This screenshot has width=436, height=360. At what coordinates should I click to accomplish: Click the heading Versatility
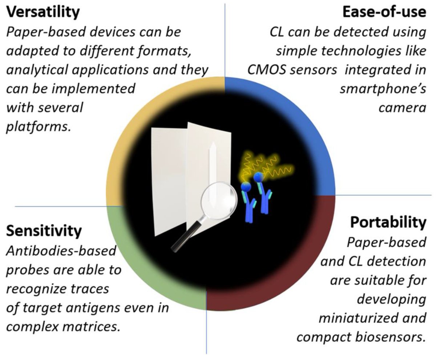[43, 12]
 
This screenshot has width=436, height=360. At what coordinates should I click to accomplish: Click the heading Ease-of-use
[384, 12]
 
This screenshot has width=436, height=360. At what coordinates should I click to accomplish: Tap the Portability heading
[388, 222]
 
